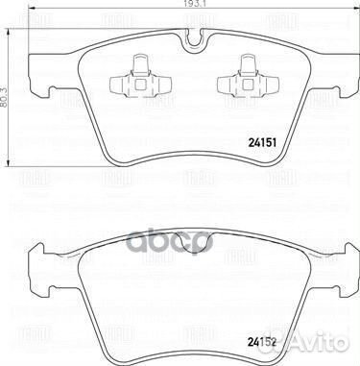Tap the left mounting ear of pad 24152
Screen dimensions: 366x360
38,256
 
